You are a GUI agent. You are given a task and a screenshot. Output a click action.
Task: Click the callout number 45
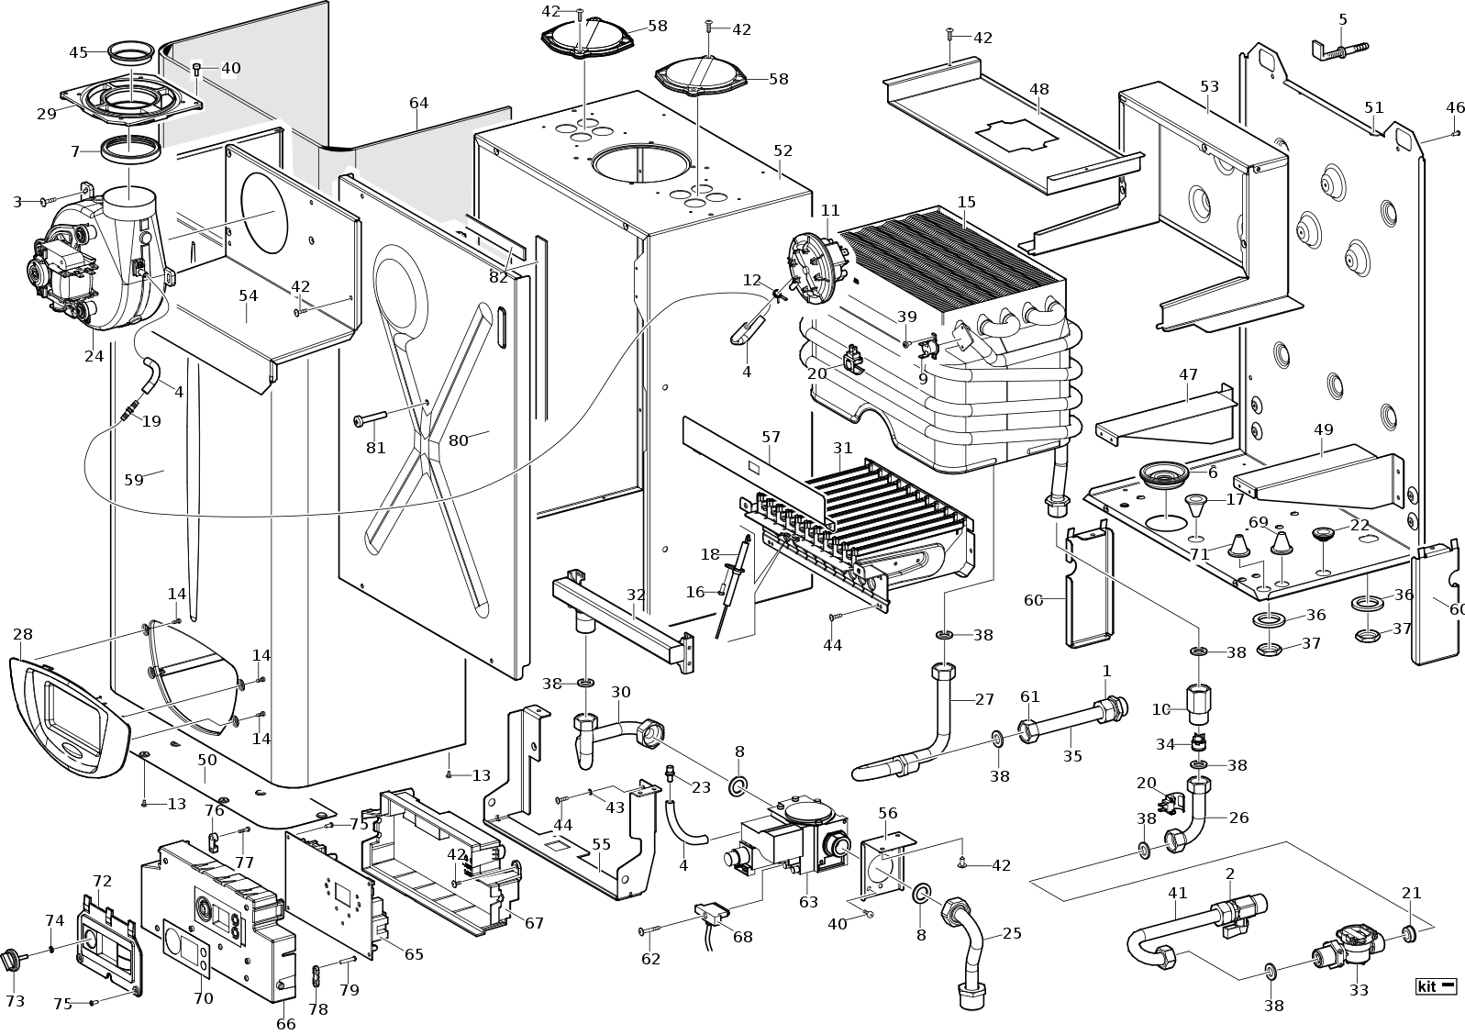[x=78, y=52]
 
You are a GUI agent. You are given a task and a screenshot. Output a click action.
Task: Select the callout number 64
[x=418, y=103]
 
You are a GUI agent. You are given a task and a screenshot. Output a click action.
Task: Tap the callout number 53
[x=1209, y=86]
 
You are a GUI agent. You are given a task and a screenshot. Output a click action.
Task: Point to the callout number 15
[x=966, y=202]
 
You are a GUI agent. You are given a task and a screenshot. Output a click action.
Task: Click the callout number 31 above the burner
[x=842, y=448]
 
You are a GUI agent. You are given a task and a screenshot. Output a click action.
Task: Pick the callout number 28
[x=23, y=634]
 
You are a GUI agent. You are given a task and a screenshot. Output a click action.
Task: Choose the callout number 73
[x=16, y=1001]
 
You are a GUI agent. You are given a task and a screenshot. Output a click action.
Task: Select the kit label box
[x=1437, y=986]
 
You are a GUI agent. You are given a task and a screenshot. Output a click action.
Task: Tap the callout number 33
[x=1359, y=990]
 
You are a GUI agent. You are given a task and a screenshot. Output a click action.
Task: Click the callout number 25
[x=1012, y=934]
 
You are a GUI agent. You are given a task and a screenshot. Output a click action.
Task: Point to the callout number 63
[x=808, y=903]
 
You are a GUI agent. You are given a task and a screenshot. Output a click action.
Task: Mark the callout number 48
[x=1038, y=89]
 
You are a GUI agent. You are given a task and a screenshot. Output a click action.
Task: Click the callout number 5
[x=1343, y=19]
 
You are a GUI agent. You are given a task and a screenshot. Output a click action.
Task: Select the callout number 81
[x=376, y=448]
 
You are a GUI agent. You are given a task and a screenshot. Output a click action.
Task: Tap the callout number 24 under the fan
[x=94, y=356]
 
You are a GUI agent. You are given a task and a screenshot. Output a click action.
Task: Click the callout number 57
[x=771, y=439]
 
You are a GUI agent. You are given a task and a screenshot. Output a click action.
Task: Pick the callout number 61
[x=1030, y=697]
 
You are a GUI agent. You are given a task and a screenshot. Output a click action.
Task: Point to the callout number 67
[x=534, y=923]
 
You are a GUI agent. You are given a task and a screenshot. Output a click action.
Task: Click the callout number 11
[x=830, y=210]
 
